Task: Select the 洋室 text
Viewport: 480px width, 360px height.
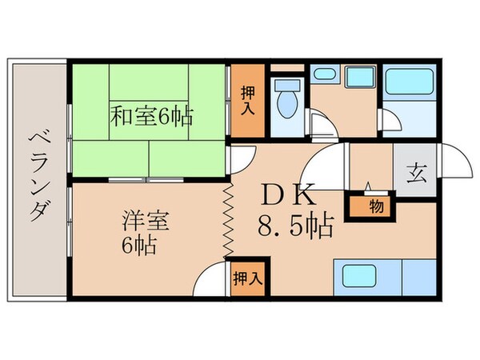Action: click(x=138, y=218)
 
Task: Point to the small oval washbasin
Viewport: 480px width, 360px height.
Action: click(x=324, y=75)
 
